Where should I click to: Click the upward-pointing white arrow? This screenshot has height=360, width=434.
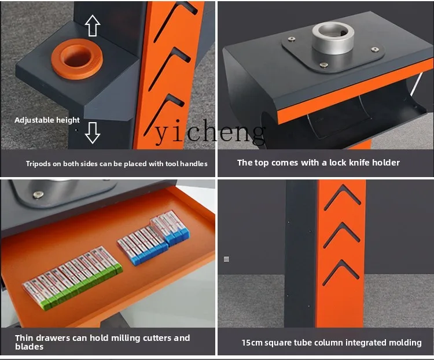click(x=93, y=25)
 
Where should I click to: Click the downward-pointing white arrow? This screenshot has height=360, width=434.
click(x=93, y=133)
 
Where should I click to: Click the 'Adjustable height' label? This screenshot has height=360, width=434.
click(x=47, y=120)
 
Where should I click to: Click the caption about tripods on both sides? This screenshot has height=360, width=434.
click(x=116, y=164)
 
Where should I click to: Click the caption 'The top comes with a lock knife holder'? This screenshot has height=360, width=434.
click(x=318, y=163)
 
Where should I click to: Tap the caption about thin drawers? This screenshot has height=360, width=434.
click(x=102, y=341)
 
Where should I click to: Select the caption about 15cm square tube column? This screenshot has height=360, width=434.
click(x=331, y=343)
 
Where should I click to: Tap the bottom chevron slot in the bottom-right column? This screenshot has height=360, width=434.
click(x=342, y=273)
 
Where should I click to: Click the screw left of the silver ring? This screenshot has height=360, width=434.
click(x=292, y=39)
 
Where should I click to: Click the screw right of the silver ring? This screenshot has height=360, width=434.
click(x=374, y=49)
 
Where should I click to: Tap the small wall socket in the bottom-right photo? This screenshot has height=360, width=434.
click(x=226, y=259)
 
